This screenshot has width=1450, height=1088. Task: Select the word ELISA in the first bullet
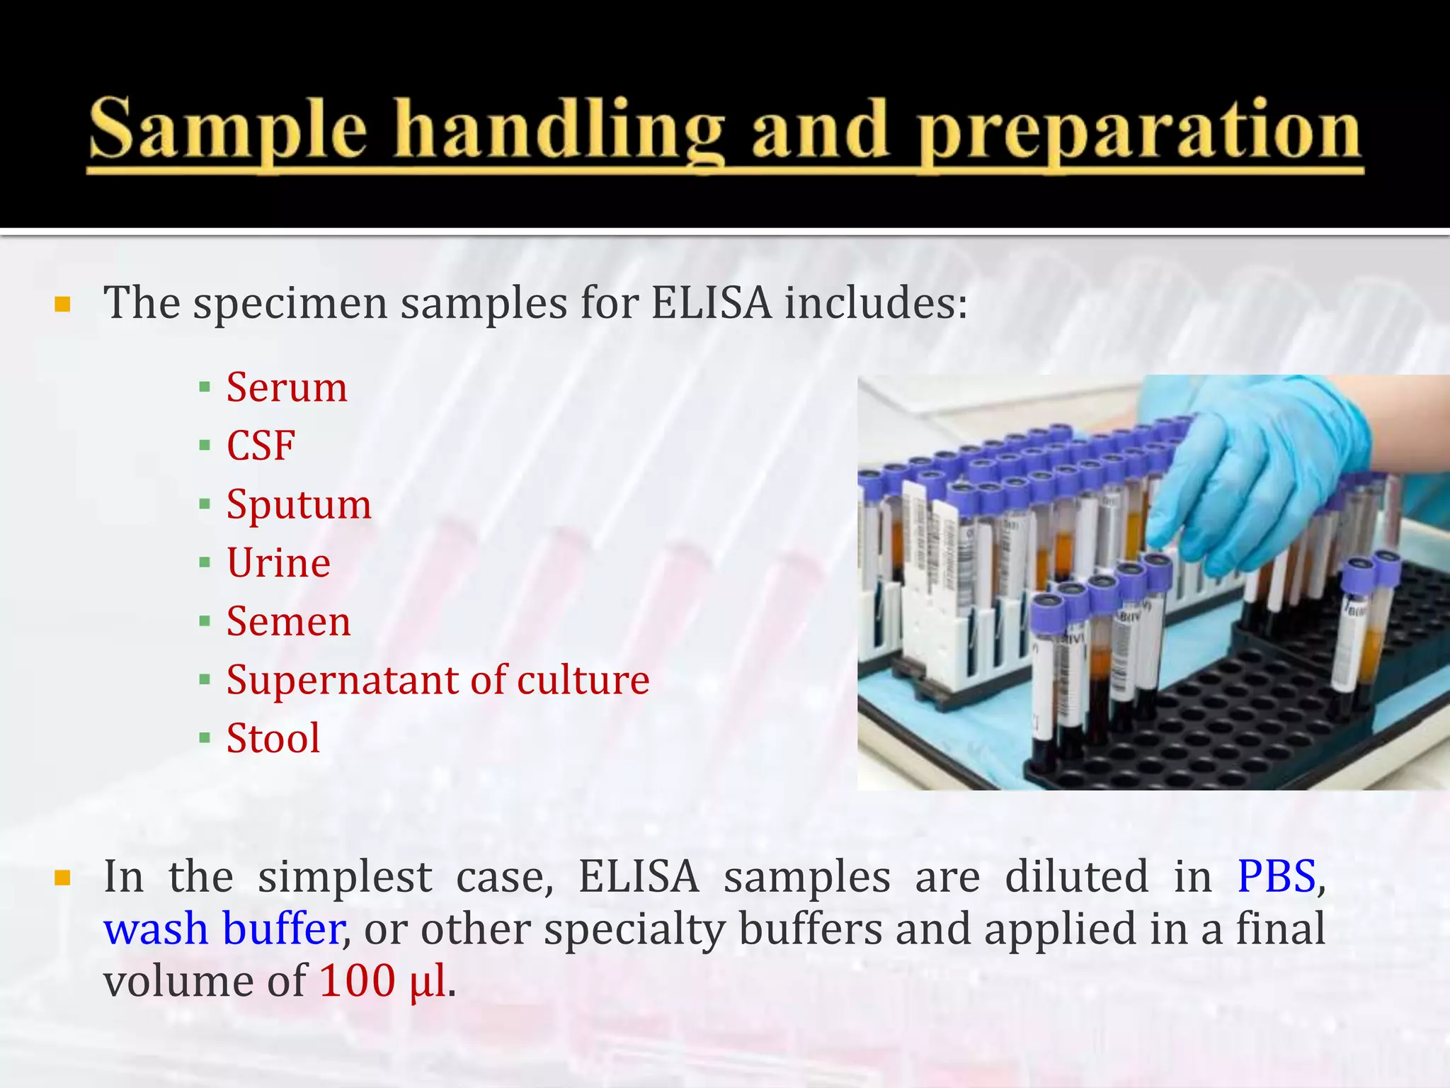coord(710,303)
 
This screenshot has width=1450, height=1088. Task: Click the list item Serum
coord(287,387)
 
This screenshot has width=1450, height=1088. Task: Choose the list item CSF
coord(261,446)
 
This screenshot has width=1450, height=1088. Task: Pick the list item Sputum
coord(299,505)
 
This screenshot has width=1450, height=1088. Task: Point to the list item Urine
coord(278,563)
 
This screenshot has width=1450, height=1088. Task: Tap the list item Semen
coord(288,621)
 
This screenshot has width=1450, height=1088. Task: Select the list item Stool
coord(273,738)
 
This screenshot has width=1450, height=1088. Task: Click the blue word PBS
coord(1276,876)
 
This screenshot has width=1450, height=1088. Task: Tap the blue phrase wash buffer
coord(224,929)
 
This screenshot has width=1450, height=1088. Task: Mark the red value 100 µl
coord(383,981)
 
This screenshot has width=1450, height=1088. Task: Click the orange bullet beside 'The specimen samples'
coord(62,305)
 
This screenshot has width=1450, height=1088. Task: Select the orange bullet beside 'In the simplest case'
coord(62,879)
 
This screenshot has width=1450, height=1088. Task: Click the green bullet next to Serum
coord(205,387)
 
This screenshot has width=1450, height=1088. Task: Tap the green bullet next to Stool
coord(205,739)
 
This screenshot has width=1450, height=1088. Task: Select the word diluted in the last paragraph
coord(1076,876)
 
